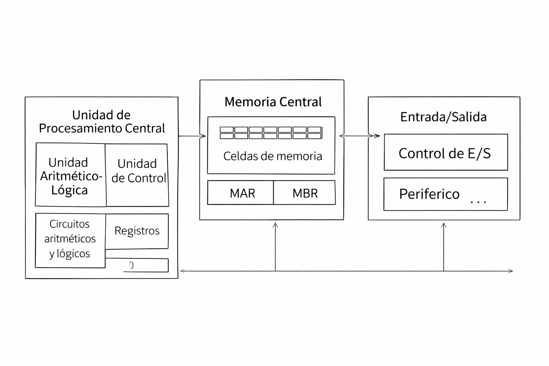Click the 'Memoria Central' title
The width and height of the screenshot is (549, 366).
(273, 102)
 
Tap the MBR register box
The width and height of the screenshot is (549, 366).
(305, 193)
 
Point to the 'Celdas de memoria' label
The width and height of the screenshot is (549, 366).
(273, 156)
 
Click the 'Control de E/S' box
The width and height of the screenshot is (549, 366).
(445, 153)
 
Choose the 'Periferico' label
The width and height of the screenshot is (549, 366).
(429, 194)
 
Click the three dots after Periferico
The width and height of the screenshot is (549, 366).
(478, 202)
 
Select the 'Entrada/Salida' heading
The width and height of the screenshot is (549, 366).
(443, 117)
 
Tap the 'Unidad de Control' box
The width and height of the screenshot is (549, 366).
(138, 174)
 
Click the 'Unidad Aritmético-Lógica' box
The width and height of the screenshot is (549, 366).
(70, 175)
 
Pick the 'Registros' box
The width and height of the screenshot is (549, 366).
(137, 231)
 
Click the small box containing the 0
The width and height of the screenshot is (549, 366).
(146, 265)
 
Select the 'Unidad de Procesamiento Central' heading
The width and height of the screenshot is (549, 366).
(102, 122)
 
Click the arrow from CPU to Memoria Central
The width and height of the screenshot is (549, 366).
(192, 136)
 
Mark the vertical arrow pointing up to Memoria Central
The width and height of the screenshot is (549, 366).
(275, 247)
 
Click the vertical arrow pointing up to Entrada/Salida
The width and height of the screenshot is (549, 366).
(444, 247)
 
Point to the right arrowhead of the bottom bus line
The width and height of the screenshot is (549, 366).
(511, 271)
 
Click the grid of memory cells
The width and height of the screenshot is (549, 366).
(271, 133)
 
